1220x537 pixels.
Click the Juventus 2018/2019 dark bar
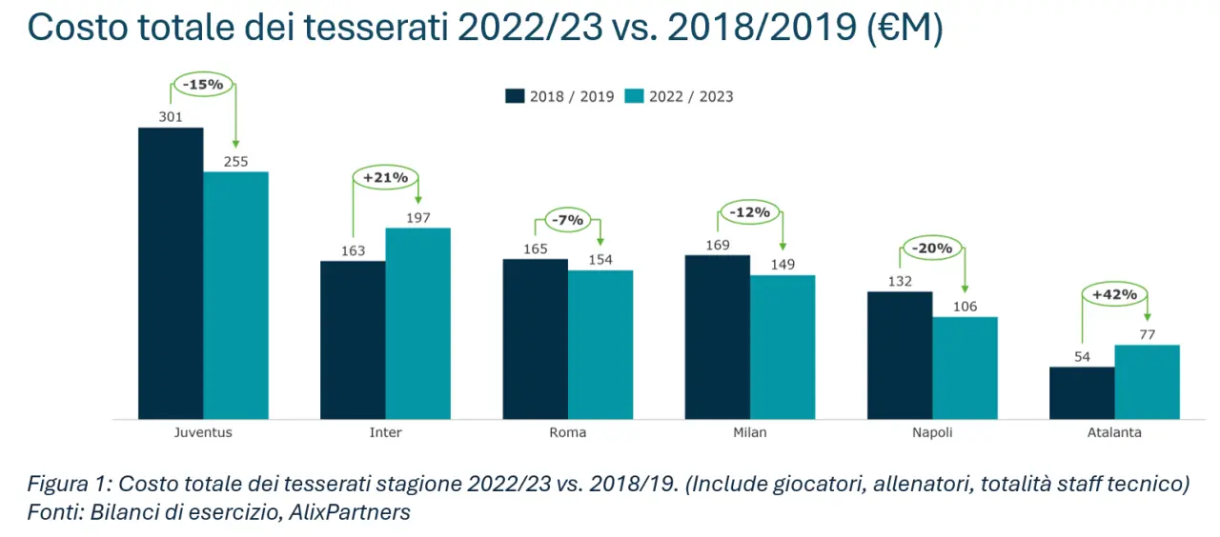click(171, 273)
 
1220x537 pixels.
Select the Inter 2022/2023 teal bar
click(417, 324)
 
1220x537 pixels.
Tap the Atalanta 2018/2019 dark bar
click(1082, 392)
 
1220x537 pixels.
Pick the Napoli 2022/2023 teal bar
click(965, 368)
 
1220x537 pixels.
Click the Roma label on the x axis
click(568, 432)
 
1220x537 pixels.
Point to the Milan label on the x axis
click(750, 432)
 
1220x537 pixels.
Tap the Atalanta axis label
click(1114, 432)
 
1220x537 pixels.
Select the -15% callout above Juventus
click(203, 85)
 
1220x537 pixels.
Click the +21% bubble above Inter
click(385, 177)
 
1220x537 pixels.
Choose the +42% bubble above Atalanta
click(1114, 294)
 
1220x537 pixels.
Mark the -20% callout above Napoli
click(932, 249)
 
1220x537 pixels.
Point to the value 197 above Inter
click(417, 218)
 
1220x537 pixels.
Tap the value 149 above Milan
click(783, 265)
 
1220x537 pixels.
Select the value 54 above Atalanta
click(1082, 356)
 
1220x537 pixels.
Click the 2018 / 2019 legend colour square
click(515, 96)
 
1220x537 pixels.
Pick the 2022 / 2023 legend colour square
click(635, 96)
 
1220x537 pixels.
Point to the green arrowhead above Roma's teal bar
click(600, 242)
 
